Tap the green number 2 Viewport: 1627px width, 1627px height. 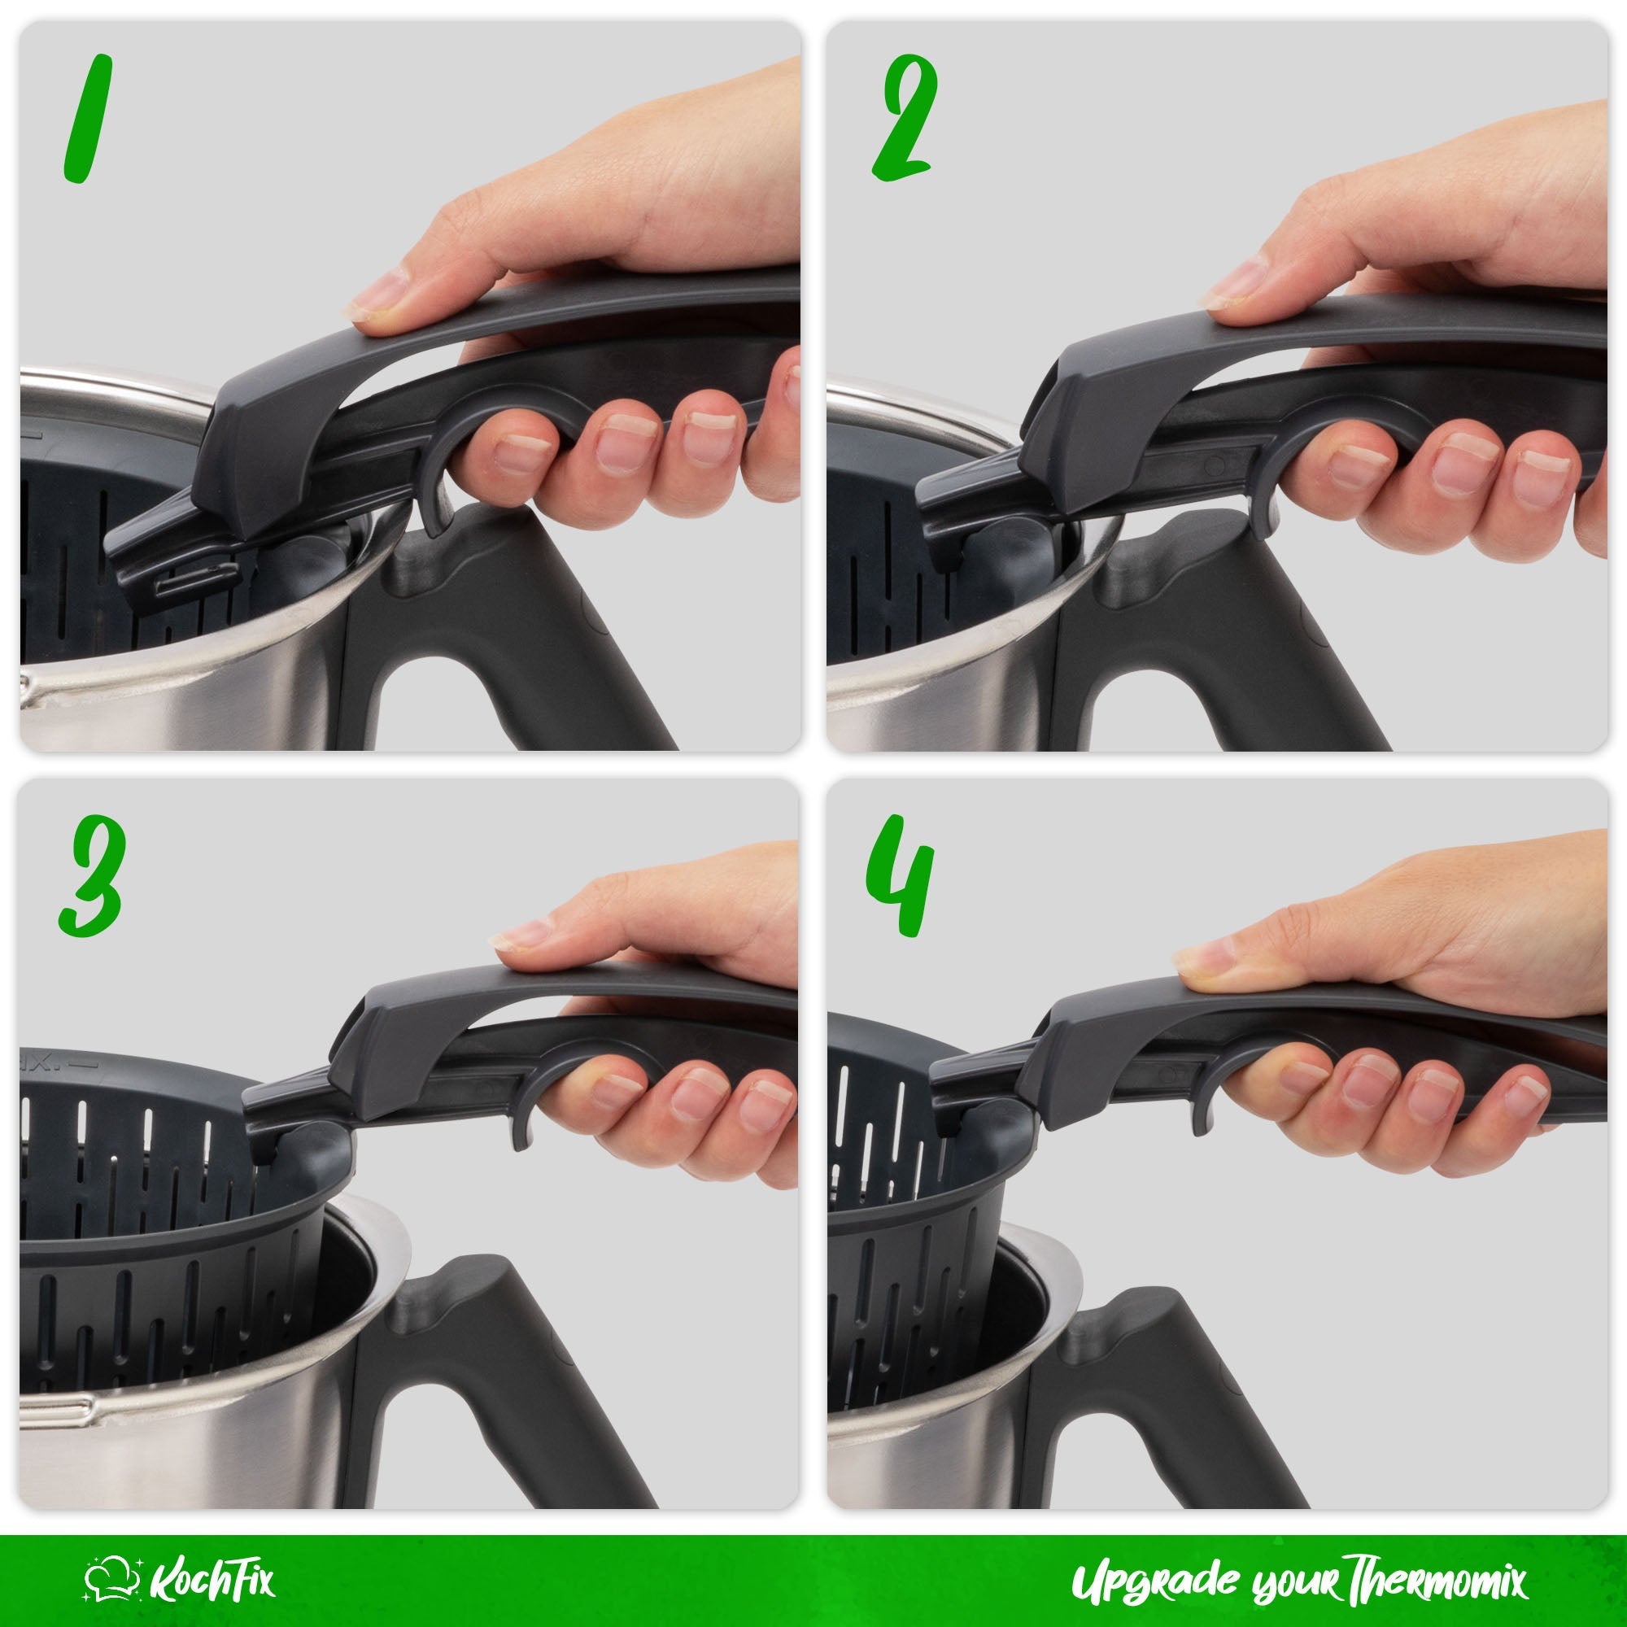click(x=905, y=120)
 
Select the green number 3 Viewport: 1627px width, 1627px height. click(x=91, y=876)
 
